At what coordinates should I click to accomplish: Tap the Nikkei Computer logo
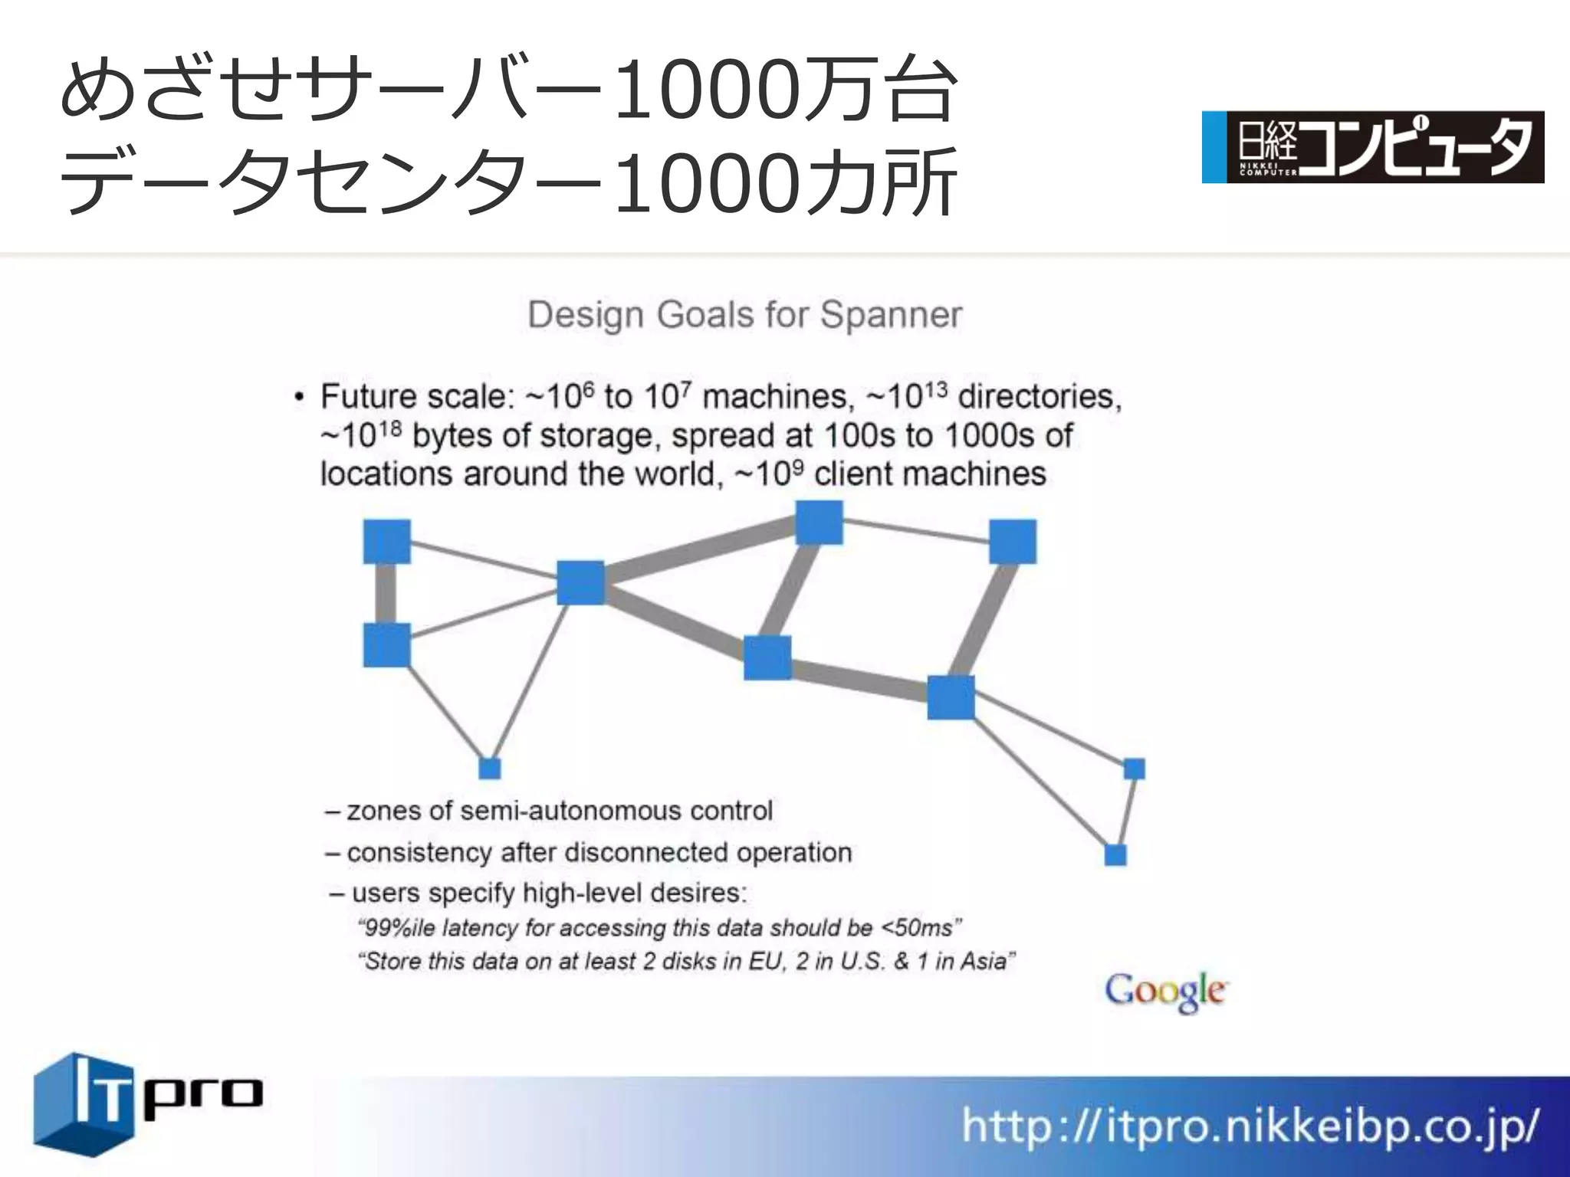point(1372,147)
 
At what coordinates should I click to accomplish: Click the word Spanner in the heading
point(891,315)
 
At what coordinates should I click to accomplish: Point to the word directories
point(1040,397)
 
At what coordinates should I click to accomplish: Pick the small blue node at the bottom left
point(489,768)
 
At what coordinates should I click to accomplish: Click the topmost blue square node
point(819,523)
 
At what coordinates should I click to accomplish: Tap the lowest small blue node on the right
point(1115,854)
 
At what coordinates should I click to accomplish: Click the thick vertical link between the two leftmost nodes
point(386,593)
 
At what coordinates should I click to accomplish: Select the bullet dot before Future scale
point(299,398)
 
